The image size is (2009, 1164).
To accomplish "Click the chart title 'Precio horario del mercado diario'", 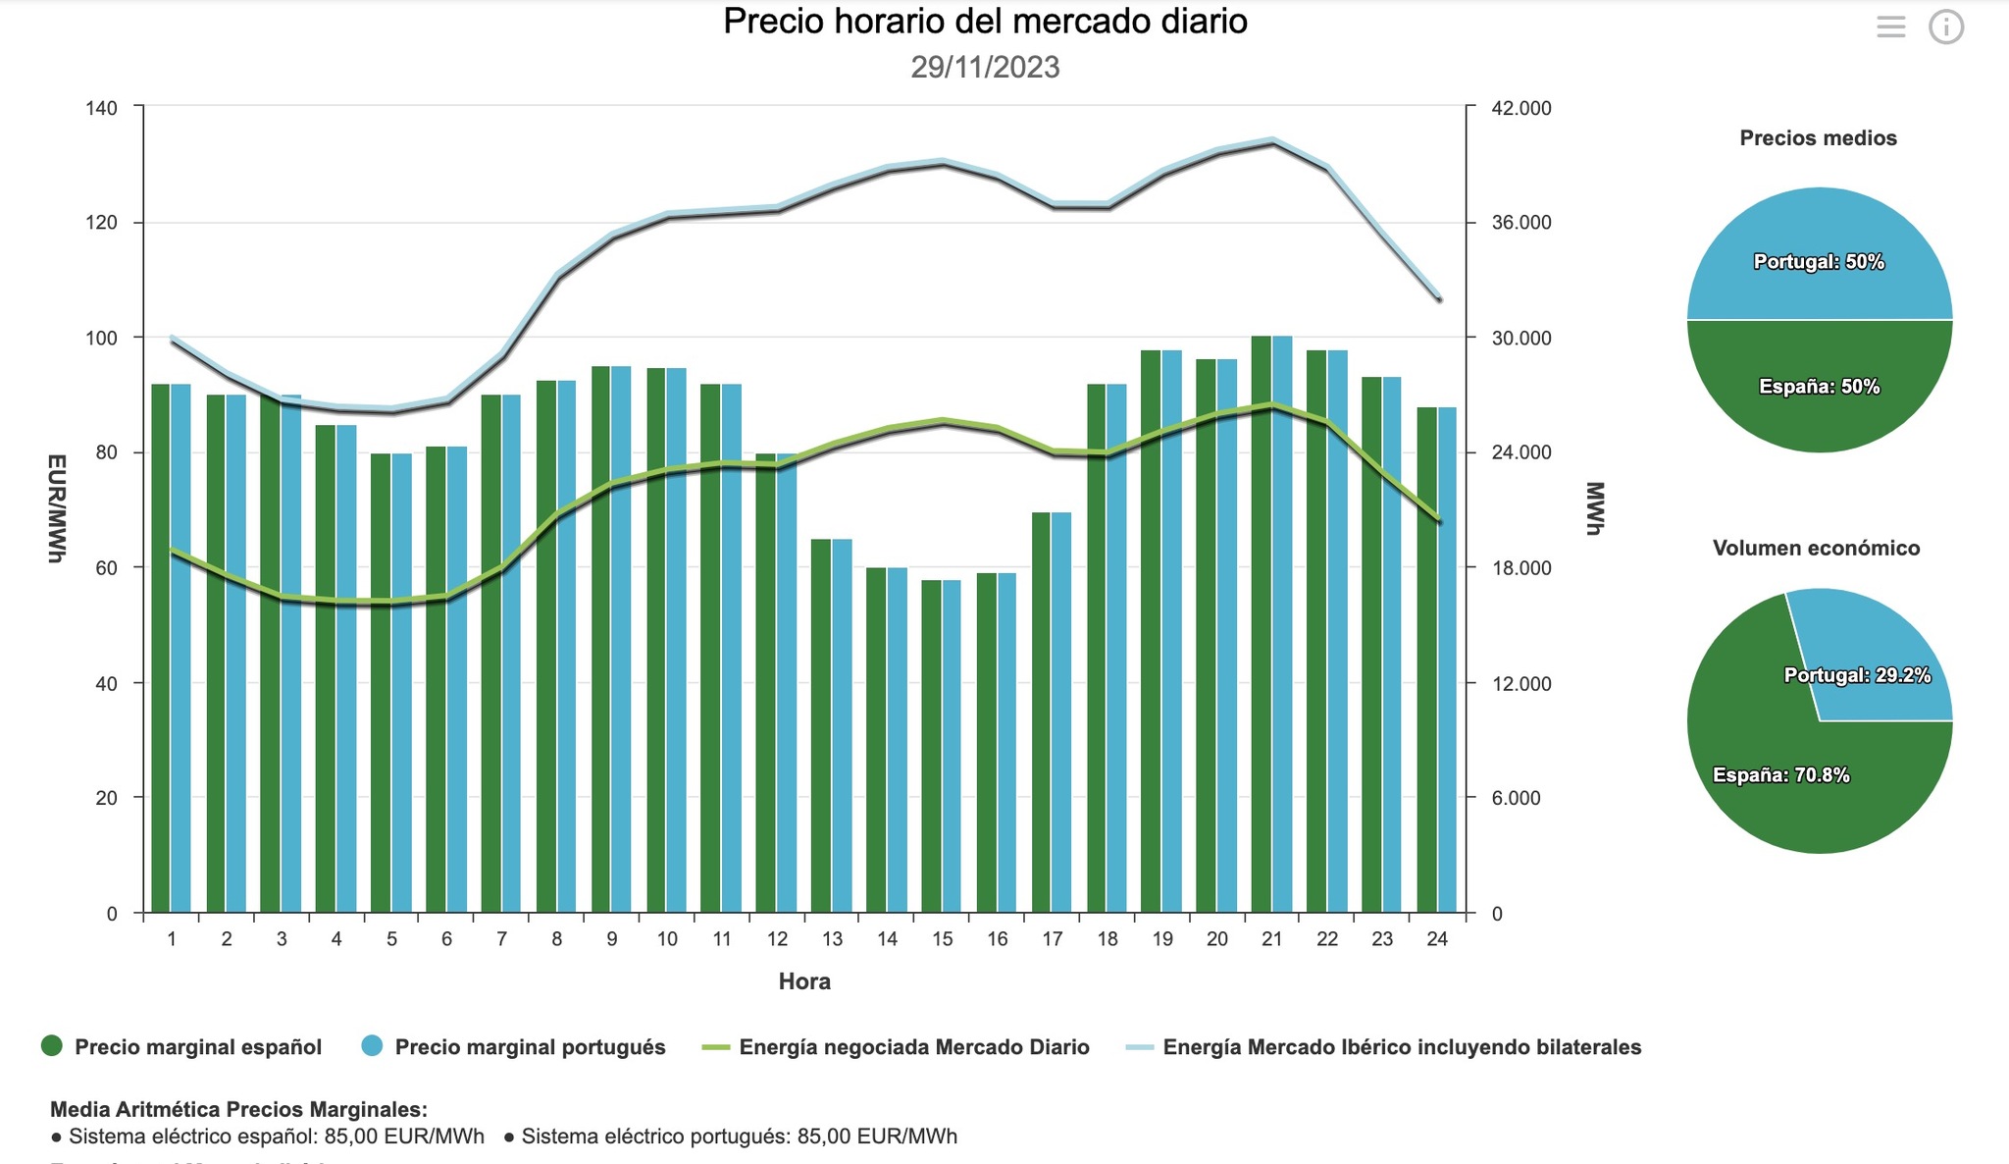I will [985, 22].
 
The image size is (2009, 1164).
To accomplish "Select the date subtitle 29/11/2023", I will [985, 68].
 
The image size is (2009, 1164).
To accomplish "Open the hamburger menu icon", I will [1890, 27].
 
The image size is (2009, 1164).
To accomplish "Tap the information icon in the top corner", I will [1946, 27].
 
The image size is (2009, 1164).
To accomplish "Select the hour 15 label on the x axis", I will [942, 939].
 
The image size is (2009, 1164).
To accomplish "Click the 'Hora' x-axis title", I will [804, 981].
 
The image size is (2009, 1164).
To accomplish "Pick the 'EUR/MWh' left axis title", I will [57, 508].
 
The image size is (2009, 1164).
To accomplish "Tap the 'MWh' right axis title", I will [1594, 508].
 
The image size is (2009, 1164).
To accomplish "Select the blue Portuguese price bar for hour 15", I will [952, 746].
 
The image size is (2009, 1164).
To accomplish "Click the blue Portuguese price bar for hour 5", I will [401, 687].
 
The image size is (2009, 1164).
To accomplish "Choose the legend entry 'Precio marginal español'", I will [197, 1047].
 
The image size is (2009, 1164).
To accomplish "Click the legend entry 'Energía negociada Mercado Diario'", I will [913, 1047].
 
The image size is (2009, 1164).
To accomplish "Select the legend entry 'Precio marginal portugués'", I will [530, 1047].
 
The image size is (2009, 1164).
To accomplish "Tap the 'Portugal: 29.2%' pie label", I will [1857, 675].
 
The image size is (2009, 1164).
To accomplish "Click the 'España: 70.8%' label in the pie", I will [1780, 775].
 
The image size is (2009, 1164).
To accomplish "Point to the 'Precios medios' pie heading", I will [1818, 138].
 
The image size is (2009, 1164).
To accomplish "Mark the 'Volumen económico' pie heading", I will [1816, 549].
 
